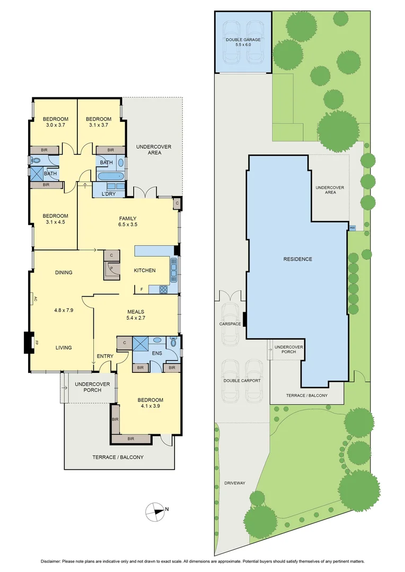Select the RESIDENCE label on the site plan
tap(297, 259)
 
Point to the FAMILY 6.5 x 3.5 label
tap(127, 221)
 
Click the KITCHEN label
tap(144, 271)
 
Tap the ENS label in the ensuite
tap(156, 352)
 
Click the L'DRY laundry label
tap(108, 194)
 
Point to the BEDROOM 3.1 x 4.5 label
tap(56, 219)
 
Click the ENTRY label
tap(105, 356)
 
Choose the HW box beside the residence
tap(352, 228)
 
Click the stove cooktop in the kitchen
tap(163, 289)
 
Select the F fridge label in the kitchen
tap(142, 289)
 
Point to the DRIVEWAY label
tap(233, 483)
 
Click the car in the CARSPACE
tap(231, 323)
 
